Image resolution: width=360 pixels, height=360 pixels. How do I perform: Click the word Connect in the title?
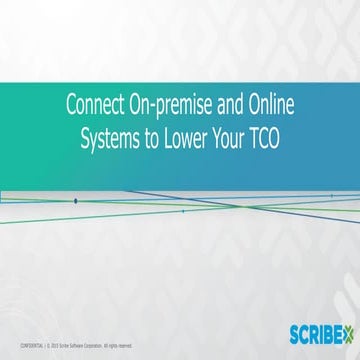[x=93, y=103]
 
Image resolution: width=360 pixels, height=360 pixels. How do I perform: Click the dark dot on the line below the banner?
[x=75, y=201]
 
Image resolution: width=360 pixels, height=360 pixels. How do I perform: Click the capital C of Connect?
[x=70, y=103]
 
